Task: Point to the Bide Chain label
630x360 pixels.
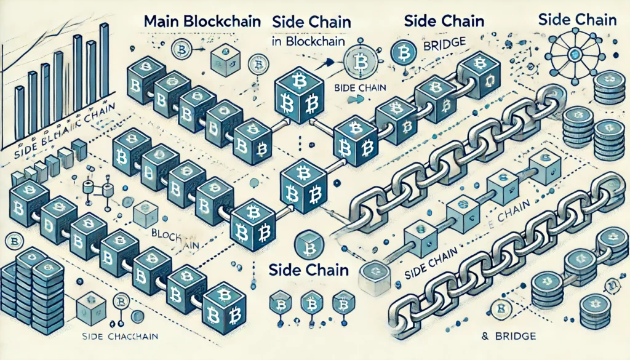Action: point(358,88)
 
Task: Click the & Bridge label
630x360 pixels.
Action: point(508,337)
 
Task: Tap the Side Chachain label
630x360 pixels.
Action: point(120,336)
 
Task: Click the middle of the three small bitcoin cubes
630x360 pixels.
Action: point(311,304)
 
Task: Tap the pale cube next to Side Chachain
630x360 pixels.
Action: point(92,306)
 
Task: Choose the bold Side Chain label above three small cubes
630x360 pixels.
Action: point(309,270)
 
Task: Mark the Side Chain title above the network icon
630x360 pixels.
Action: point(576,19)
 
